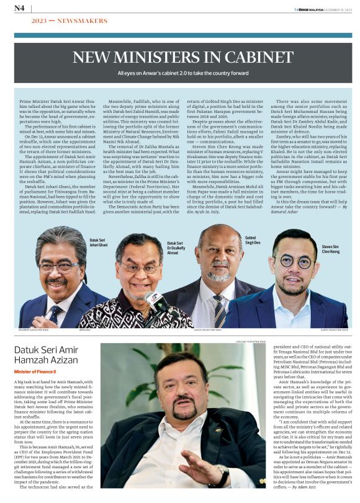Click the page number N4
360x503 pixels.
19,8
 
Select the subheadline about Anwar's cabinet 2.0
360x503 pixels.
179,73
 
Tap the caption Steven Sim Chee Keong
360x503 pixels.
330,249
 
